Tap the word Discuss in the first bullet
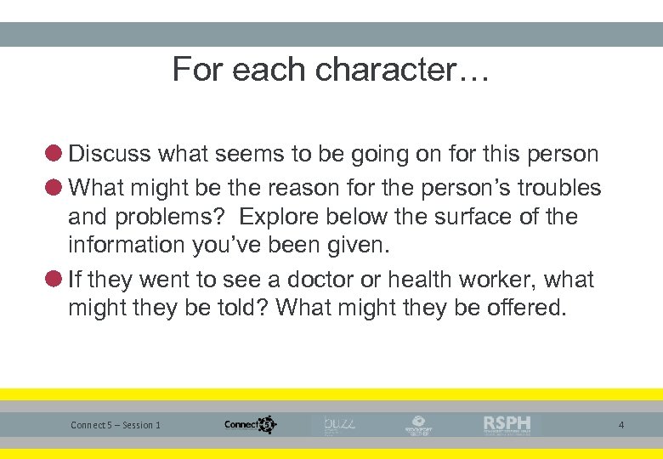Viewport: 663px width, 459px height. (109, 154)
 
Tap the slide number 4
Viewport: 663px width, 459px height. (620, 424)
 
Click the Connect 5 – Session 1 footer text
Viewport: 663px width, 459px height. (116, 425)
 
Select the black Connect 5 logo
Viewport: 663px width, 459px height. (250, 424)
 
